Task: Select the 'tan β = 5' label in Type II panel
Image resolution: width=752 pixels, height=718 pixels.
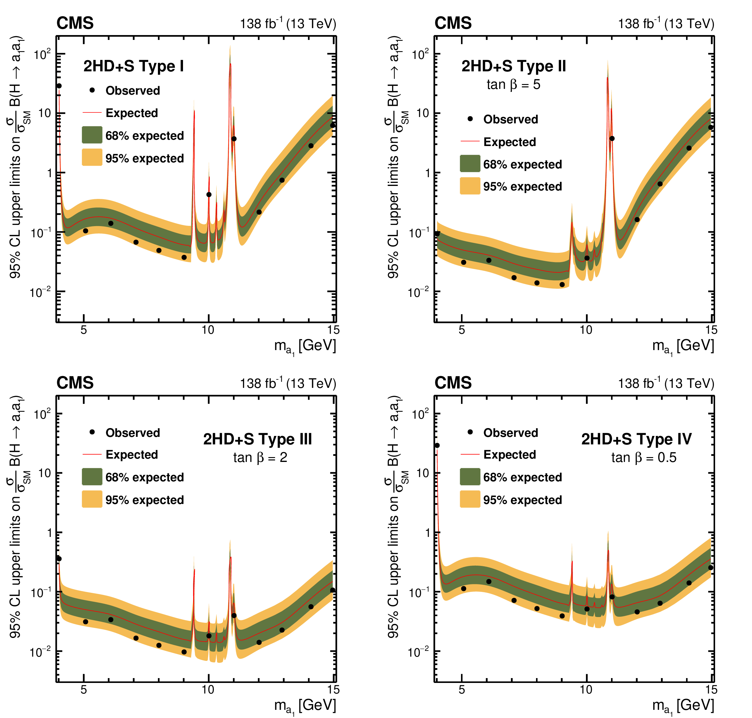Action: [513, 85]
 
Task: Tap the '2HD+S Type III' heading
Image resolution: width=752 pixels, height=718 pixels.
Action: [257, 439]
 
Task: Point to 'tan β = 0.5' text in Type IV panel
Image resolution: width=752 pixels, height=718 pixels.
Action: [643, 457]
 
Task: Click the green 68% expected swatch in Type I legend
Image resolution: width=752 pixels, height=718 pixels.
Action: [92, 135]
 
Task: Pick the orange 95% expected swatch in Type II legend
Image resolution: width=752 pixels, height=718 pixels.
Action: [470, 186]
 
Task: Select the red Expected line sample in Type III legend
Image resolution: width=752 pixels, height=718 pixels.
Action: [92, 454]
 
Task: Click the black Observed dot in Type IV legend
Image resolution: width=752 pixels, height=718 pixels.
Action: [470, 432]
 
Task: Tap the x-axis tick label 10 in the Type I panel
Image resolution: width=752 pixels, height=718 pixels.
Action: [208, 330]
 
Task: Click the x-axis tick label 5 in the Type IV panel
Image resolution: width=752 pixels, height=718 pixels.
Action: [462, 690]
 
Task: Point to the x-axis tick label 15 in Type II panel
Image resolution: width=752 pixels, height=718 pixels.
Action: [711, 330]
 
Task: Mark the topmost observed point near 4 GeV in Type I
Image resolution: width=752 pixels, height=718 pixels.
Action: [59, 86]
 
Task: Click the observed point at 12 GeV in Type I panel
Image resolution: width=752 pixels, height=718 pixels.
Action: [259, 212]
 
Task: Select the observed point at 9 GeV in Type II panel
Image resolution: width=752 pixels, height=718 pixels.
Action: [562, 284]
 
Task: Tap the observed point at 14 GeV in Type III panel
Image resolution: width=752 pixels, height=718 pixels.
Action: [311, 607]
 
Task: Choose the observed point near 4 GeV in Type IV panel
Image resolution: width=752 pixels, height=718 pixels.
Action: [437, 446]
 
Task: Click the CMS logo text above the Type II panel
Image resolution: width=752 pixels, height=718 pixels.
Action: [453, 23]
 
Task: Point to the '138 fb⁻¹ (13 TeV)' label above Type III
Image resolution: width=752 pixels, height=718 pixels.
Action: [288, 383]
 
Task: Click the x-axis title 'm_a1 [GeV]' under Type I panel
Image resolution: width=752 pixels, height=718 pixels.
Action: [305, 346]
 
